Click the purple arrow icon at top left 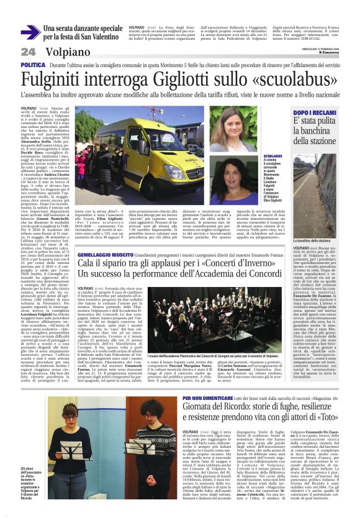click(x=30, y=32)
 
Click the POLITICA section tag click(x=33, y=65)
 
